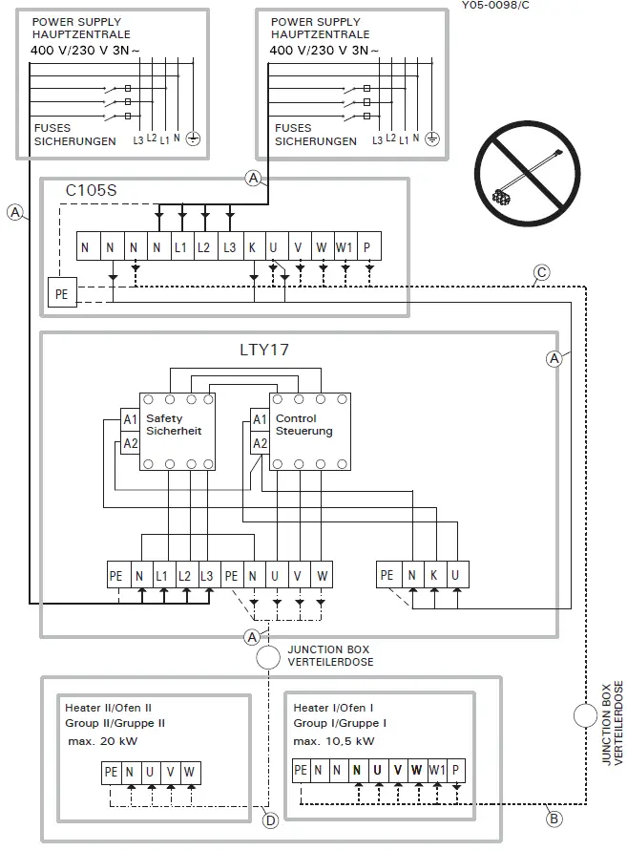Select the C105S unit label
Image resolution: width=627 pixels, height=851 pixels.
(x=91, y=191)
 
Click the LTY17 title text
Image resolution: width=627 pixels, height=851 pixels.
(x=263, y=350)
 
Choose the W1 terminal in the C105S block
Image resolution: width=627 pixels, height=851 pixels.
(x=345, y=247)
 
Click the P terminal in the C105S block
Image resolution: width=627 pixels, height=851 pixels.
(x=368, y=247)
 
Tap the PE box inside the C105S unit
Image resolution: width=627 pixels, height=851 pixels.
(x=62, y=294)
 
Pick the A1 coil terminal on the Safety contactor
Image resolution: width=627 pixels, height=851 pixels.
(x=130, y=419)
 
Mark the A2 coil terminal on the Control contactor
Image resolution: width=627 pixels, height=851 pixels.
(x=259, y=443)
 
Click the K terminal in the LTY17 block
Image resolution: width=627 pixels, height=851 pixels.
(x=433, y=575)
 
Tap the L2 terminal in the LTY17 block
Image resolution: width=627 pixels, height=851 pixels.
(x=184, y=575)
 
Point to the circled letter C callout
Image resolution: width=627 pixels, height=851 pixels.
(x=541, y=273)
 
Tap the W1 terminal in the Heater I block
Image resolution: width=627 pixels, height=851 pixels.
(x=436, y=770)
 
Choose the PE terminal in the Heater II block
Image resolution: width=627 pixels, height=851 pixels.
(x=111, y=772)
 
